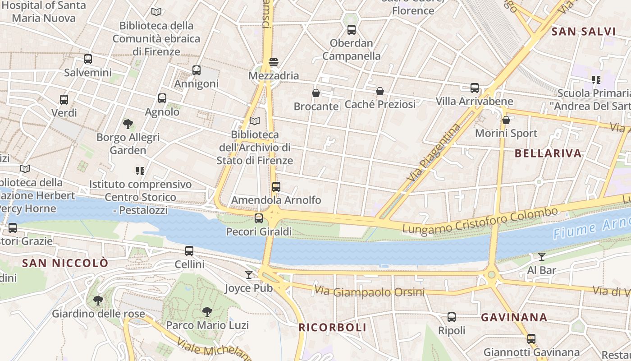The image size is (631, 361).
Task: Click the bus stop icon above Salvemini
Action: tap(88, 59)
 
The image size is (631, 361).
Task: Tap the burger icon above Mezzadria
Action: tap(274, 62)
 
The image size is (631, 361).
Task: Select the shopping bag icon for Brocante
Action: tap(316, 93)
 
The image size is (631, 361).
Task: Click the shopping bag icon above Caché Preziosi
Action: tap(380, 92)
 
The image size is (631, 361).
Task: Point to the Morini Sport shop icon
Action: tap(506, 120)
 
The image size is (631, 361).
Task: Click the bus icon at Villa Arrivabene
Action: tap(475, 88)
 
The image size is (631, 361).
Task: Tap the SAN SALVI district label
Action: tap(583, 32)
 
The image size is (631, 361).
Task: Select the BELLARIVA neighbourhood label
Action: tap(548, 153)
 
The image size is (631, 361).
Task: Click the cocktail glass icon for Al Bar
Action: tap(542, 257)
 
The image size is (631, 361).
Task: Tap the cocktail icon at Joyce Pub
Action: tap(249, 274)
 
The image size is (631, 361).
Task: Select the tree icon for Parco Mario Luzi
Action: tap(207, 311)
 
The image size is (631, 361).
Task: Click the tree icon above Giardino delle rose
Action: tap(98, 300)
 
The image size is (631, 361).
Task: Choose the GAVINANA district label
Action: tap(514, 318)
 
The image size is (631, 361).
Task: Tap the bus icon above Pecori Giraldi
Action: tap(259, 218)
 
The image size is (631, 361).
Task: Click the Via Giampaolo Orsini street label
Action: tap(369, 292)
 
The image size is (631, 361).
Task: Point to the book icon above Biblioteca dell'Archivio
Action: tap(255, 121)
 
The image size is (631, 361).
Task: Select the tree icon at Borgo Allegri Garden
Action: tap(128, 124)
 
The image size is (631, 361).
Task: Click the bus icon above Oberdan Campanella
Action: tap(352, 30)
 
